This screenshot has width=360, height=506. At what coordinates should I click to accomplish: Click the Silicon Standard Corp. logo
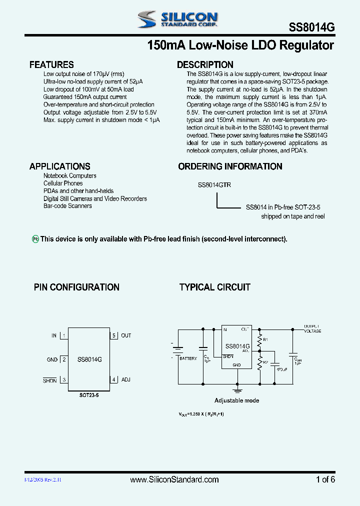(x=177, y=19)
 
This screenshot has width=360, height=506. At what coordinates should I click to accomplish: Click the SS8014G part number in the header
(x=311, y=28)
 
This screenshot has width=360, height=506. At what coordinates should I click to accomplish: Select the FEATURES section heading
(x=51, y=64)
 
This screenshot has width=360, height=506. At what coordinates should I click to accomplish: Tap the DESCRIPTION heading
(x=205, y=64)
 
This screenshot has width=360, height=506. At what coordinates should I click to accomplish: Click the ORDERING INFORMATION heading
(x=230, y=166)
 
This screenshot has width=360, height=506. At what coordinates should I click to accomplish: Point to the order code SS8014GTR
(x=214, y=184)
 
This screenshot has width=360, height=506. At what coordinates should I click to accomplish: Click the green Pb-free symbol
(x=35, y=239)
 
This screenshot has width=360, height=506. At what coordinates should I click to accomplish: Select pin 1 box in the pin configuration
(x=64, y=335)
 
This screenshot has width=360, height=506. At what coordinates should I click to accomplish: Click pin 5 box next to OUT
(x=114, y=335)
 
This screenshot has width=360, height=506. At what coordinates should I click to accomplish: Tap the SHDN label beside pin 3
(x=50, y=381)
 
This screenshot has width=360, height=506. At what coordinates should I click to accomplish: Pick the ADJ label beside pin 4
(x=125, y=380)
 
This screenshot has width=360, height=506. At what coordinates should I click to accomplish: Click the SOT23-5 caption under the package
(x=89, y=395)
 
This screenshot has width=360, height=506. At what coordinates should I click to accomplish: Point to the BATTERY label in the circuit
(x=188, y=358)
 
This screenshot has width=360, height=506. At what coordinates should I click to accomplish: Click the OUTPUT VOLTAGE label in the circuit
(x=312, y=328)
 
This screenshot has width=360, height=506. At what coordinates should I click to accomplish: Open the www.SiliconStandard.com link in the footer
(x=174, y=479)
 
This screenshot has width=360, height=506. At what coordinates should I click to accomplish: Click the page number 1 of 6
(x=325, y=479)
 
